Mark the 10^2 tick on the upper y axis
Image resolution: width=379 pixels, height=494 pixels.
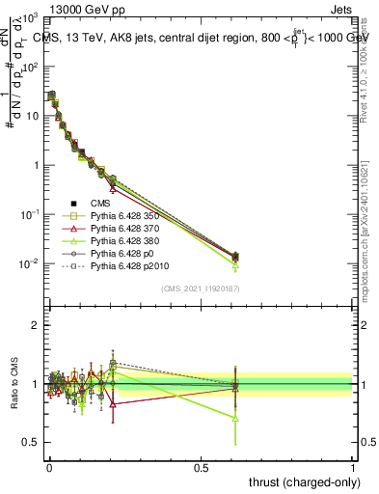pyautogui.click(x=32, y=67)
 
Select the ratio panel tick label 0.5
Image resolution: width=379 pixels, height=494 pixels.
pyautogui.click(x=32, y=443)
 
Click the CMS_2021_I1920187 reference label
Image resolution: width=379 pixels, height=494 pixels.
pyautogui.click(x=200, y=288)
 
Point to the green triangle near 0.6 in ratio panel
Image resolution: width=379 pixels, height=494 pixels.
pyautogui.click(x=235, y=418)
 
